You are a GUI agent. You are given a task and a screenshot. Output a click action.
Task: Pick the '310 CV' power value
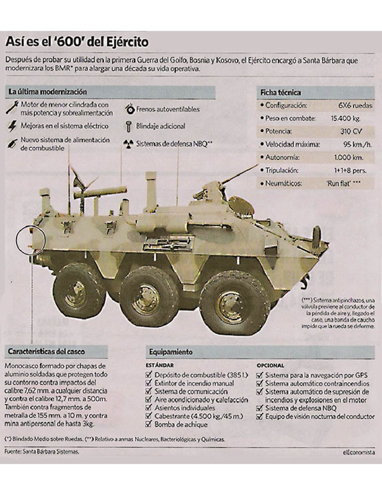tap(351, 131)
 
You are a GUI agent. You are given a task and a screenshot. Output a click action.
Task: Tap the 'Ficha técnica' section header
tap(281, 93)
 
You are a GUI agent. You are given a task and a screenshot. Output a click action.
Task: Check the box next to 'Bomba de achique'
tap(148, 424)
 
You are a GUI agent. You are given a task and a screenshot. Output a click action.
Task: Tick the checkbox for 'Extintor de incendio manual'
tap(148, 383)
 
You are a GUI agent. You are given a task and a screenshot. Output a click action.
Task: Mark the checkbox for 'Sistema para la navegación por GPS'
tap(260, 374)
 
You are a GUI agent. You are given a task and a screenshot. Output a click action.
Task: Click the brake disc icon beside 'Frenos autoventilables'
tap(129, 109)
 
